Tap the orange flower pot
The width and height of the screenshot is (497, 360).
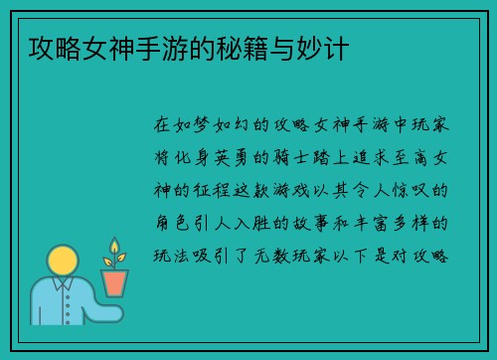[115, 282]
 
